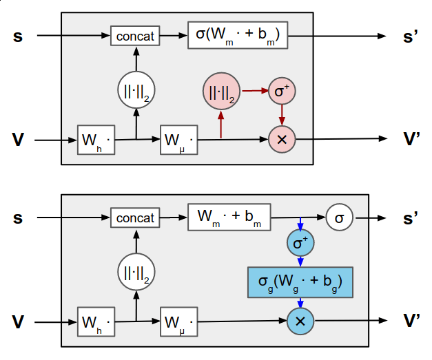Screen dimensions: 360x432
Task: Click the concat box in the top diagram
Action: (135, 36)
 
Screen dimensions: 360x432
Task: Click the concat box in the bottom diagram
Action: (135, 218)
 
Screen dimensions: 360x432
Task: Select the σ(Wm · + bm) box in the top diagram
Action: (237, 36)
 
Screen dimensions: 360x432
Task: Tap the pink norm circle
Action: (221, 91)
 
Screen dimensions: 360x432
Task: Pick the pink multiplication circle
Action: (282, 139)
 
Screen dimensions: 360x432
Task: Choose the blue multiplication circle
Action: (300, 321)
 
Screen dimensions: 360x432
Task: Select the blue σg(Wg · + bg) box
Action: (300, 282)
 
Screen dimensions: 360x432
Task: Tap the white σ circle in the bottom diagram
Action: (339, 218)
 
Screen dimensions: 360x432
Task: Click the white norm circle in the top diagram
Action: (135, 91)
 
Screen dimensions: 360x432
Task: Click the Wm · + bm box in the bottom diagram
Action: (229, 218)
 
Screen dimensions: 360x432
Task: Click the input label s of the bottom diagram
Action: (18, 218)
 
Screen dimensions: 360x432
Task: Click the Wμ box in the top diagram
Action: (178, 140)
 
